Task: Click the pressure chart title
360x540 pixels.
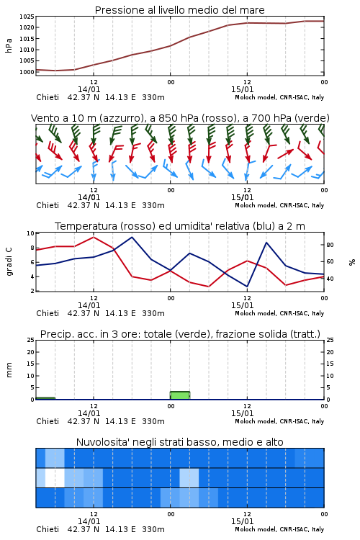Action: tap(179, 10)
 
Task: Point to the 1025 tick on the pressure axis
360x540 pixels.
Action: tap(27, 17)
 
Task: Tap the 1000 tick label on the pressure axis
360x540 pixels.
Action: tap(27, 72)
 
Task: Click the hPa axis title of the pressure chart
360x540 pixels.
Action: tap(9, 45)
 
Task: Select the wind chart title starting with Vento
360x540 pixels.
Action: tap(180, 118)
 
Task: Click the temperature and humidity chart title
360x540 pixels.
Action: tap(180, 226)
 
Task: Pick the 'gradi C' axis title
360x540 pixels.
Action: tap(9, 262)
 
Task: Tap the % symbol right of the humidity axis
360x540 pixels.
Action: tap(352, 262)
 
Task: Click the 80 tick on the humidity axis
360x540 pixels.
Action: tap(330, 245)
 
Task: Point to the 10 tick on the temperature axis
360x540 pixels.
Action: tap(31, 233)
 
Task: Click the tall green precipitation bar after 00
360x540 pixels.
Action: tap(180, 395)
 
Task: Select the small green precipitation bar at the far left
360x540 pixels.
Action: tap(45, 398)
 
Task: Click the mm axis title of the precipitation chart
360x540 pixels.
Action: tap(9, 370)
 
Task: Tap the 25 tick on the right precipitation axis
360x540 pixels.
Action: tap(330, 340)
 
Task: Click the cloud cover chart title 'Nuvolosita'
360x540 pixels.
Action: tap(180, 442)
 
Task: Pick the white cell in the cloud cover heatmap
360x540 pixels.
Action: tap(55, 477)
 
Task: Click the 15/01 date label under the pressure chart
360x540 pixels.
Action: tap(242, 89)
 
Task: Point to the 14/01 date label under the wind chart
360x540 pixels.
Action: tap(89, 197)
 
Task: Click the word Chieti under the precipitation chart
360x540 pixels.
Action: tap(48, 421)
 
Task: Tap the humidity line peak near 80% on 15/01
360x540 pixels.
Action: tap(266, 243)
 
